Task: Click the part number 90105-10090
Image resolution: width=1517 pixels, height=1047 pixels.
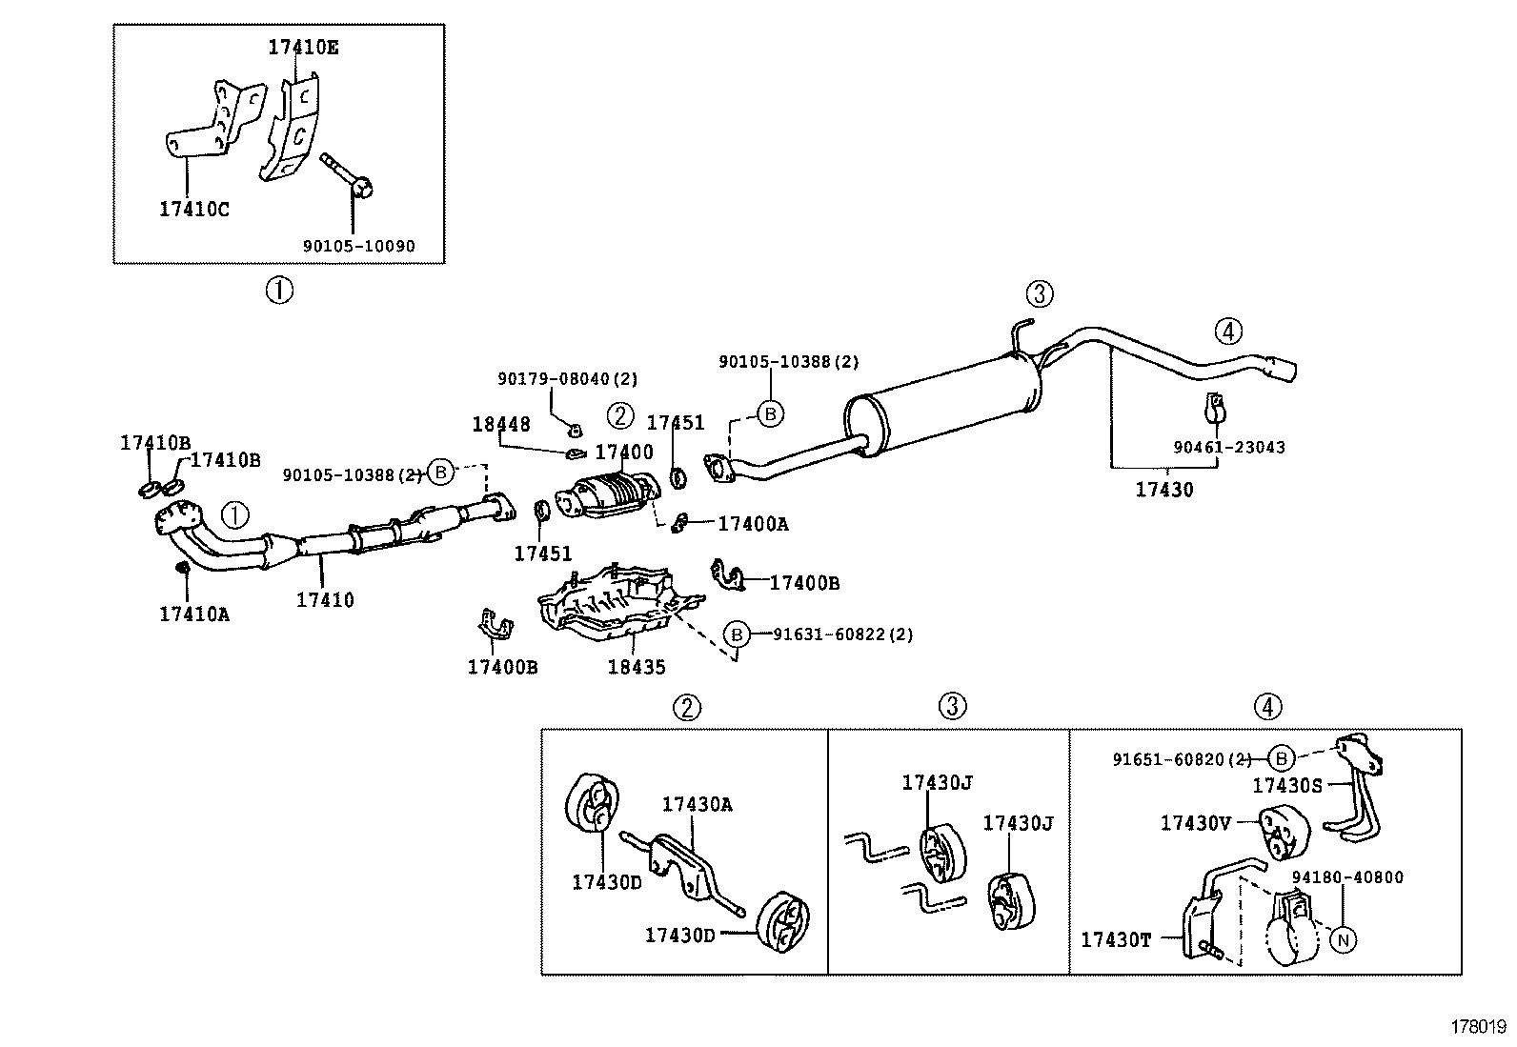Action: [x=358, y=246]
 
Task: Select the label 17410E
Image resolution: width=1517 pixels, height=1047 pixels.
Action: [x=302, y=47]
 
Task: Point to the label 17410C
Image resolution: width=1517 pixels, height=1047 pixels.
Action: [x=193, y=209]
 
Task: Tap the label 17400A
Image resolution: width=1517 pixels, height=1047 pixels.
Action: [x=753, y=523]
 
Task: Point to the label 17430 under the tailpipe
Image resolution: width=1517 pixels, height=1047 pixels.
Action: [x=1163, y=490]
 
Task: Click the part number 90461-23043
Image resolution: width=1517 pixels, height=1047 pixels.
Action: [x=1228, y=447]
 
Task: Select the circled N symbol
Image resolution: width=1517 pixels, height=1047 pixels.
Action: [x=1343, y=940]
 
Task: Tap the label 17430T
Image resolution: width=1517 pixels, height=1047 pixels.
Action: [x=1116, y=940]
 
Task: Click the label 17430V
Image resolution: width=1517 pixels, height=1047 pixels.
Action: [x=1195, y=822]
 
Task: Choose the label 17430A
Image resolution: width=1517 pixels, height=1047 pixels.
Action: [x=697, y=804]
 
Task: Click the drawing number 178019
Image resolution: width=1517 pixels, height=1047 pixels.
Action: [x=1477, y=1026]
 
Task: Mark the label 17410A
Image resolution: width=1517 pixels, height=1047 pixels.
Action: [x=193, y=614]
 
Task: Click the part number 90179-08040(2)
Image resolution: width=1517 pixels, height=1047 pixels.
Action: [x=567, y=379]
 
